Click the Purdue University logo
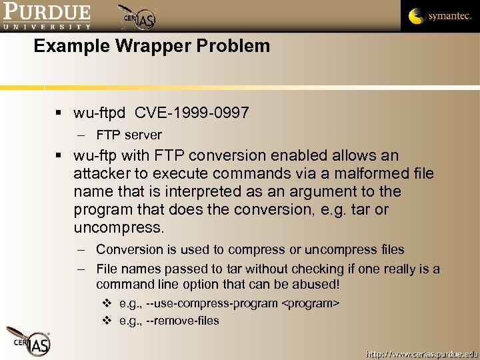pyautogui.click(x=47, y=16)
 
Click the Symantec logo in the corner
pyautogui.click(x=440, y=16)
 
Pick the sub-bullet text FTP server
pyautogui.click(x=129, y=135)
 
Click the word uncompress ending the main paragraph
pyautogui.click(x=118, y=228)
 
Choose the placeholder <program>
pyautogui.click(x=311, y=303)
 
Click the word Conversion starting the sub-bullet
pyautogui.click(x=129, y=250)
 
